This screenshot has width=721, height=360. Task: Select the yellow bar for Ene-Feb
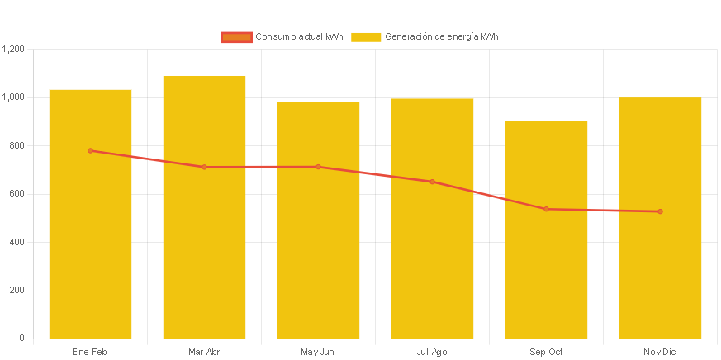pyautogui.click(x=90, y=248)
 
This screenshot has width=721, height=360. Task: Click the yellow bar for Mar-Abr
pyautogui.click(x=204, y=248)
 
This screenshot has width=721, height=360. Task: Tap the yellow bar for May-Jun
pyautogui.click(x=318, y=248)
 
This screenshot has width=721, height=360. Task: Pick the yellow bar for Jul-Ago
pyautogui.click(x=432, y=248)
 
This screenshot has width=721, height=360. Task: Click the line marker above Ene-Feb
pyautogui.click(x=90, y=150)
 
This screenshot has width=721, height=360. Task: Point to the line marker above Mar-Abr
pyautogui.click(x=204, y=167)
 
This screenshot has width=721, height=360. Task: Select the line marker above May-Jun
pyautogui.click(x=318, y=167)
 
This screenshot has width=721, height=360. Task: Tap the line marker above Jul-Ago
pyautogui.click(x=432, y=182)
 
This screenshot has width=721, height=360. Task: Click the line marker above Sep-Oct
pyautogui.click(x=546, y=209)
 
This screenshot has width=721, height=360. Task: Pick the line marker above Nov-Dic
pyautogui.click(x=660, y=211)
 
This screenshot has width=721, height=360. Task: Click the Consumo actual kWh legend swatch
pyautogui.click(x=236, y=37)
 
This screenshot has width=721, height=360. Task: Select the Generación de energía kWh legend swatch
pyautogui.click(x=366, y=37)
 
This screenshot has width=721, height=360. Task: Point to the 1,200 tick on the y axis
pyautogui.click(x=14, y=49)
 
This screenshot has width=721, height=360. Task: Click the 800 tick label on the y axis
pyautogui.click(x=17, y=145)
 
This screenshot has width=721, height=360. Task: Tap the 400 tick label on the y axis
pyautogui.click(x=17, y=242)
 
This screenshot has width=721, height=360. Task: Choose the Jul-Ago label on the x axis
pyautogui.click(x=432, y=352)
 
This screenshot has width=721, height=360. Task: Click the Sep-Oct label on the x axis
pyautogui.click(x=546, y=352)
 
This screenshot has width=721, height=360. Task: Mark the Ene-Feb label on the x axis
pyautogui.click(x=90, y=352)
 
